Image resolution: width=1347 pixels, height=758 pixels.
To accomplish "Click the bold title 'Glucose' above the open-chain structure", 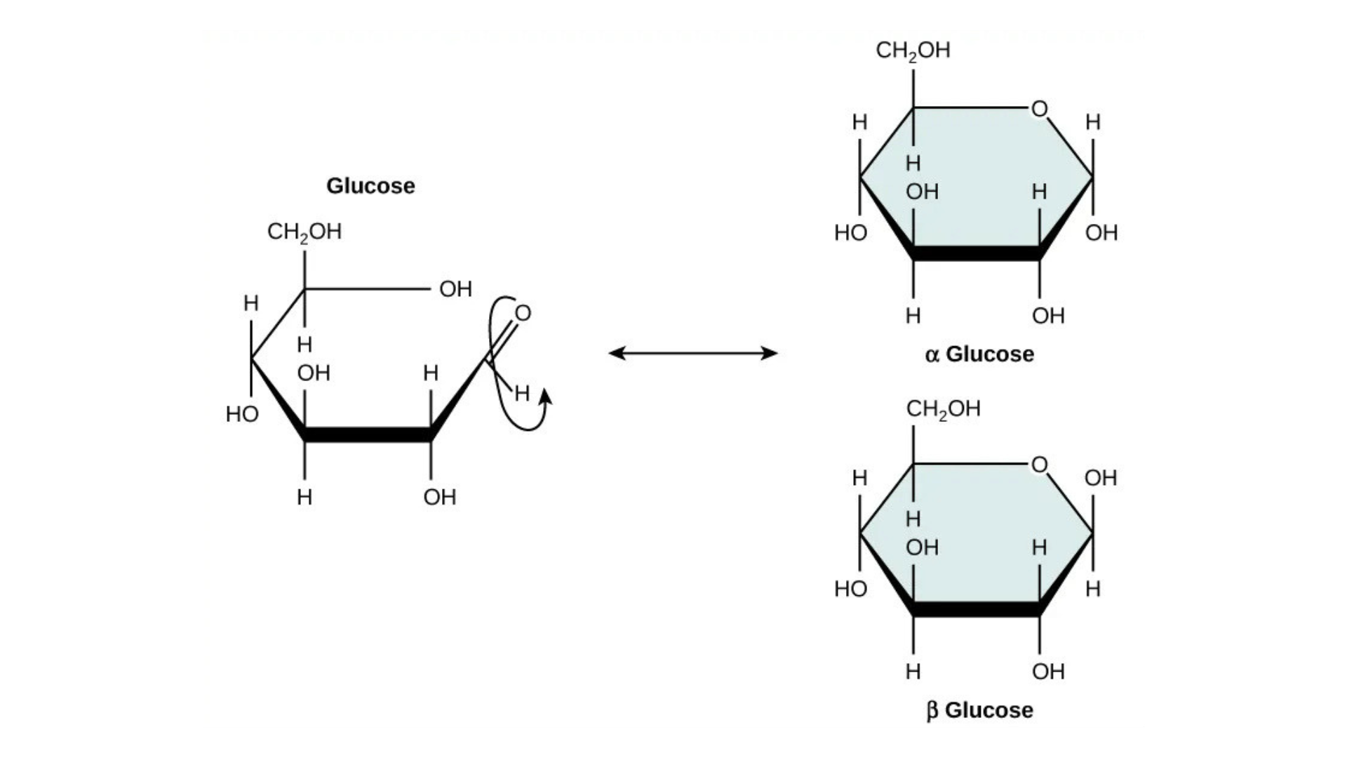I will (370, 186).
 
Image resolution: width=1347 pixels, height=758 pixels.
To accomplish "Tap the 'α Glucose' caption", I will (979, 354).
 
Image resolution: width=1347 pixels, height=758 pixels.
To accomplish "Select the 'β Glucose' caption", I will (979, 710).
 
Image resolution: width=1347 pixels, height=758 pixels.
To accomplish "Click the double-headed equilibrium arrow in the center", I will (693, 353).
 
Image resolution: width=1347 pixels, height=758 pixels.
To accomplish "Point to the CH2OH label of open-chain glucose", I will (304, 232).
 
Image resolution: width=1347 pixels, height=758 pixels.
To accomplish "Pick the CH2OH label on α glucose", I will (913, 51).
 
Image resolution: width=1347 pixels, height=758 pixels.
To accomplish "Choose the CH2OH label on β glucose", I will (943, 409).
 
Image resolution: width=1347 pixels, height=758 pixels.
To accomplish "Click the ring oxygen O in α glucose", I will (1039, 109).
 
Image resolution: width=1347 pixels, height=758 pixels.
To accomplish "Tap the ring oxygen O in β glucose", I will (1039, 465).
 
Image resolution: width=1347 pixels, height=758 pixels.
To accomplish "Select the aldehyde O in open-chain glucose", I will (523, 313).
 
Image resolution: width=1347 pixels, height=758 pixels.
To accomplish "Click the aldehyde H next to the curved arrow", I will (522, 394).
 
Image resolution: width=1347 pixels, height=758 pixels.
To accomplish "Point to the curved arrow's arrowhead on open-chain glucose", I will (545, 398).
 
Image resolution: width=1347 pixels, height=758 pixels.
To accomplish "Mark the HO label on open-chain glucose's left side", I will (242, 415).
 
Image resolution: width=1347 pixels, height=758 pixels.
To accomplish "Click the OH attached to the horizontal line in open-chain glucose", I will (455, 289).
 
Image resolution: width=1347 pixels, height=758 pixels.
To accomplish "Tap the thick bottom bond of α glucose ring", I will (976, 253).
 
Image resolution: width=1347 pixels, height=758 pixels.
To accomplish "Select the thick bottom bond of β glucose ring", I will (976, 609).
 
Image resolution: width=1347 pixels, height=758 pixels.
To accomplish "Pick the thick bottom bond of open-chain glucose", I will (368, 434).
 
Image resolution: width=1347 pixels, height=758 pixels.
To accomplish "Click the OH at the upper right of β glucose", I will (1100, 479).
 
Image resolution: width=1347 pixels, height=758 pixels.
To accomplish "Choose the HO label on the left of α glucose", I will (850, 233).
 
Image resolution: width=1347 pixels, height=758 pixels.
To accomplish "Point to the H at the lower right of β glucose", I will (1092, 589).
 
